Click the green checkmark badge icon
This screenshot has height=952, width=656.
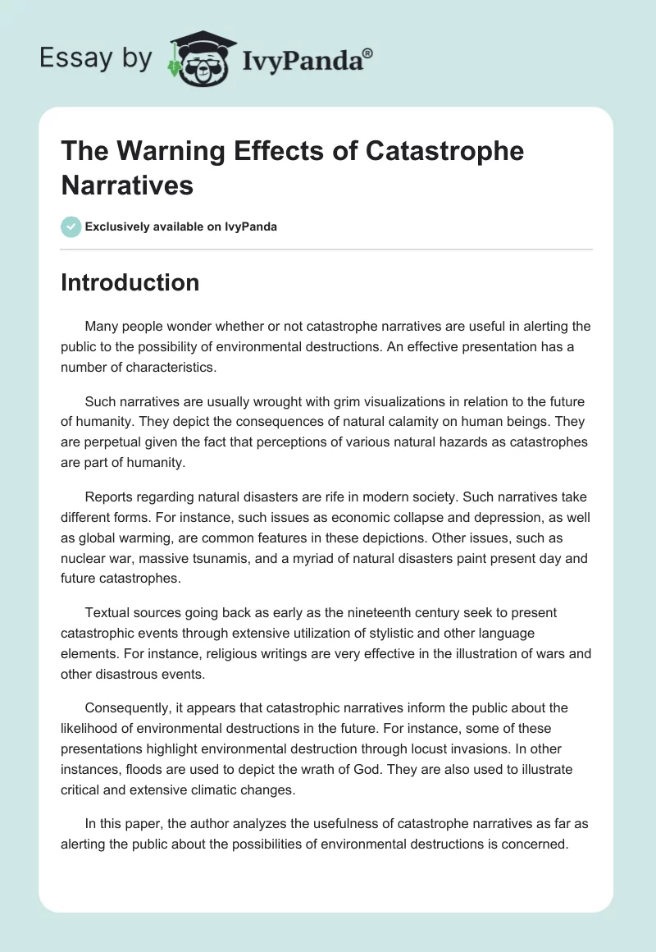71,227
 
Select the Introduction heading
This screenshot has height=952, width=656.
130,282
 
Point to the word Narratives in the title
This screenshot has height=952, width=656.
127,185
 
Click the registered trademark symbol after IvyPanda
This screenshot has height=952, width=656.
368,52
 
